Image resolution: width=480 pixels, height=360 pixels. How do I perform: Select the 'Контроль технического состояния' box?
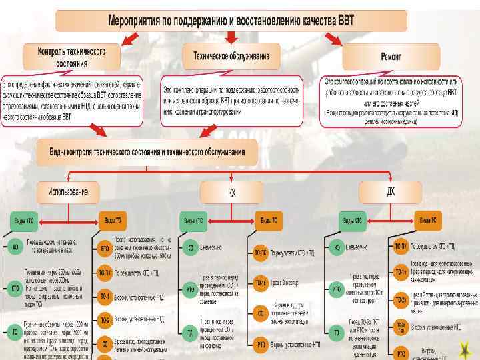(71, 57)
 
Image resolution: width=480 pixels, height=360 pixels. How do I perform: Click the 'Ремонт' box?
(391, 57)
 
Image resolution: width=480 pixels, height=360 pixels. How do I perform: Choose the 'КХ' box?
(231, 193)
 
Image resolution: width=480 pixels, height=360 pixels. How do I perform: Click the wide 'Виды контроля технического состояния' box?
(148, 152)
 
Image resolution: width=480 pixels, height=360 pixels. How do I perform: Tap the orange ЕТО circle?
(105, 248)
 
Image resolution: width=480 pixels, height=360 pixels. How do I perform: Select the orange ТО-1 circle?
(105, 295)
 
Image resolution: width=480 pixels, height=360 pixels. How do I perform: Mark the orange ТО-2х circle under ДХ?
(401, 299)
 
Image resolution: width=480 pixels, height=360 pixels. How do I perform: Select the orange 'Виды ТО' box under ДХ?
(427, 219)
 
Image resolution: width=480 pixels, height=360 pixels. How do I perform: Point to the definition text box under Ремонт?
(391, 101)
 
